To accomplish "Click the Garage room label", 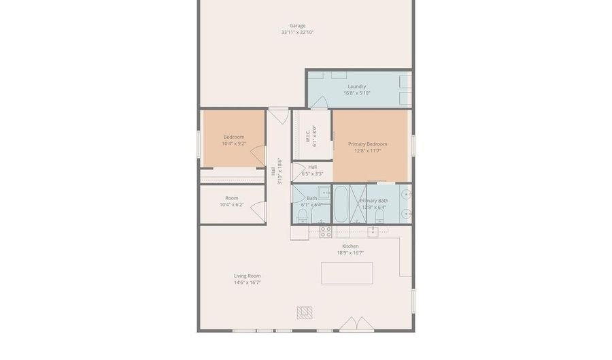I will coord(297,26).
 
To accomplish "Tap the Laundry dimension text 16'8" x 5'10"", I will coord(356,93).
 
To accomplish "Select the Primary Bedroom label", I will coord(367,144).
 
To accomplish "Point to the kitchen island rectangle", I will coord(347,273).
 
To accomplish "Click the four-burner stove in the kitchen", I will coord(326,231).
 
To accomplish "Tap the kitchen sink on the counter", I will coord(373,231).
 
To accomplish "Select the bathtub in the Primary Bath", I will coord(341,203).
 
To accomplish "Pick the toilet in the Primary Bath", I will coord(379,217).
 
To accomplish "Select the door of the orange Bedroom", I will coord(257,158).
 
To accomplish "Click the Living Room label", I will coord(247,276).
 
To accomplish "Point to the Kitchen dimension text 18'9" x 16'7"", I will coord(350,252).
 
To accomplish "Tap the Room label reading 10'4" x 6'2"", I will coord(231,204).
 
